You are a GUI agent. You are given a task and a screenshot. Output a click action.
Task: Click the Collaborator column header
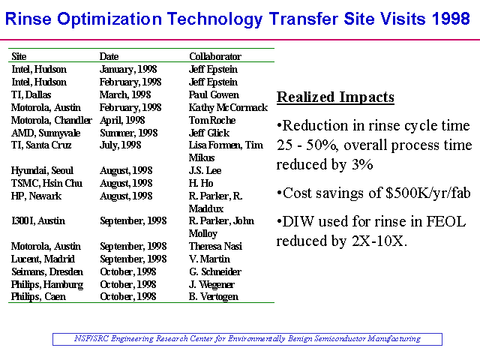pos(215,56)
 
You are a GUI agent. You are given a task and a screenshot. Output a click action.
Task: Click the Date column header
pos(109,56)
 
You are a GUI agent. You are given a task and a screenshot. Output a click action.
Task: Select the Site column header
pos(19,56)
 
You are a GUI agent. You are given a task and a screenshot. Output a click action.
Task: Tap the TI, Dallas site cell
pos(31,95)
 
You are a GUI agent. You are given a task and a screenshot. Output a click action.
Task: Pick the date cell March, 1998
pos(125,95)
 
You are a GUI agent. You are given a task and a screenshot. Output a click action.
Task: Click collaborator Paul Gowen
pos(214,95)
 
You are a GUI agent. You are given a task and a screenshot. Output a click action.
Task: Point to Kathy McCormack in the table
pos(228,108)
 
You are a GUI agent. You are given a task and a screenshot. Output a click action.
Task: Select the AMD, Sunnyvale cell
pos(46,133)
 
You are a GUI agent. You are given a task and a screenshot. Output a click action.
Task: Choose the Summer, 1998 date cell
pos(128,133)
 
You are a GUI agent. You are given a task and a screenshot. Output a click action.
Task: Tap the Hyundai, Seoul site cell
pos(42,170)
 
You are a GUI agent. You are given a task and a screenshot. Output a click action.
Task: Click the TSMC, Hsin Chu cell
pos(46,183)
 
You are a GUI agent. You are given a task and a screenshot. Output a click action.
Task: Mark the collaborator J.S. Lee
pos(205,170)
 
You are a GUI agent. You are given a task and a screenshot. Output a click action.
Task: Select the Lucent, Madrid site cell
pos(43,259)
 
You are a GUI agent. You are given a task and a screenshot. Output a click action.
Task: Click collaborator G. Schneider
pos(215,271)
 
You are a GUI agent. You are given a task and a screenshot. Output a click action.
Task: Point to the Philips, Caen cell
pos(38,297)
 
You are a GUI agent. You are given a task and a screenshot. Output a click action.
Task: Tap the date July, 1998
pos(120,145)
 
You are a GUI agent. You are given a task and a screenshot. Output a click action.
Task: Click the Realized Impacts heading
pos(335,97)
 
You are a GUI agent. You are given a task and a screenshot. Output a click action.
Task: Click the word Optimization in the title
pos(109,19)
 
